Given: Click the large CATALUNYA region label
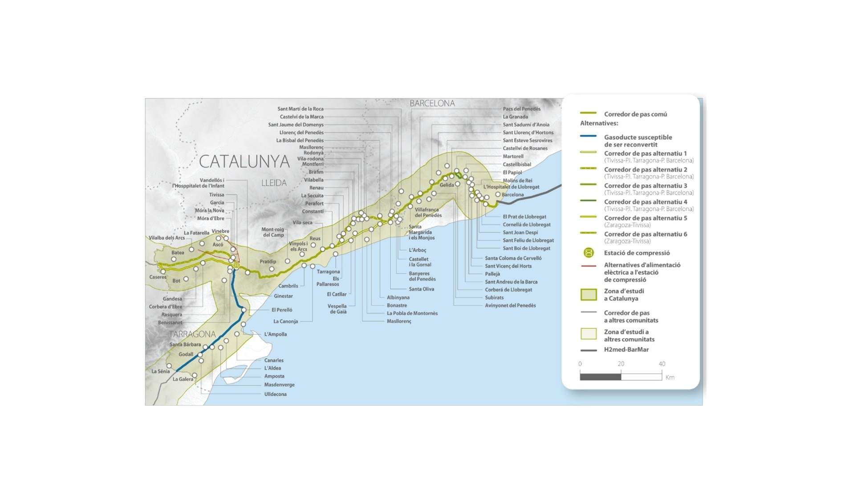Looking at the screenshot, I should [x=244, y=162].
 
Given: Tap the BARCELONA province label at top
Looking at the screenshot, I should [x=432, y=103].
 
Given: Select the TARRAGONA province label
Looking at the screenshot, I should [x=192, y=334].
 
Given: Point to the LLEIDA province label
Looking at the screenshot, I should [x=274, y=183].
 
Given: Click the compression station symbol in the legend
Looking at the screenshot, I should [x=589, y=253].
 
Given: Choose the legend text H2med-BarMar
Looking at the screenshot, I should [x=626, y=350].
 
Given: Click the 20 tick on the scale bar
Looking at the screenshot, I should [x=621, y=364].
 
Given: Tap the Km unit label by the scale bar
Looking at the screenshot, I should [x=670, y=377].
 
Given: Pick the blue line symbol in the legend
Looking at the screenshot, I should [x=588, y=136].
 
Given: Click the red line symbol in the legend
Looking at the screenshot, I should [x=588, y=266].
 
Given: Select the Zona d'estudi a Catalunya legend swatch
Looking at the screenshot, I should [x=589, y=295].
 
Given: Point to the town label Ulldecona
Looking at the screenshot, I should [x=275, y=394].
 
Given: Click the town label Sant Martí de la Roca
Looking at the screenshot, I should [x=300, y=109].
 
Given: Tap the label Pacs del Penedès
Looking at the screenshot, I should [x=521, y=109].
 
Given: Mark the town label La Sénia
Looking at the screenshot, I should [x=160, y=371].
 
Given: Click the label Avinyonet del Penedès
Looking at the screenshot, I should [x=510, y=306].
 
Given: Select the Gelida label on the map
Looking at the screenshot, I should [x=447, y=185].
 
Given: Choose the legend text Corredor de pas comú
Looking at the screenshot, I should [x=635, y=114].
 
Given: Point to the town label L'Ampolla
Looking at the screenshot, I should [x=275, y=334].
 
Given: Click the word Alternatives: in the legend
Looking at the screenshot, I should [x=599, y=123].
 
